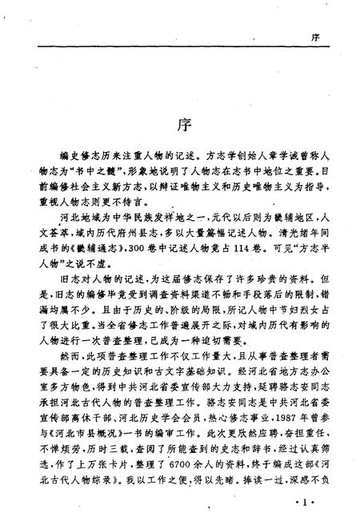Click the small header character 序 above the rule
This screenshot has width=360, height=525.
pyautogui.click(x=316, y=36)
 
